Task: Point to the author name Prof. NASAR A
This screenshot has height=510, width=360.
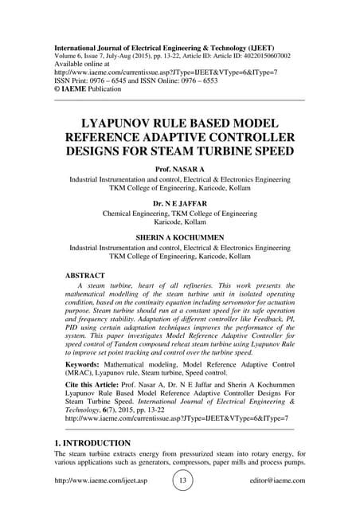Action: point(179,170)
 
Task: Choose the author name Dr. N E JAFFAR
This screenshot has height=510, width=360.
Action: point(179,203)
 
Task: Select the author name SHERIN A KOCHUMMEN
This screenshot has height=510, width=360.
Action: point(179,237)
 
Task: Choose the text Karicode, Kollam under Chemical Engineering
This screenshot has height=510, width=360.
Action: point(179,224)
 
